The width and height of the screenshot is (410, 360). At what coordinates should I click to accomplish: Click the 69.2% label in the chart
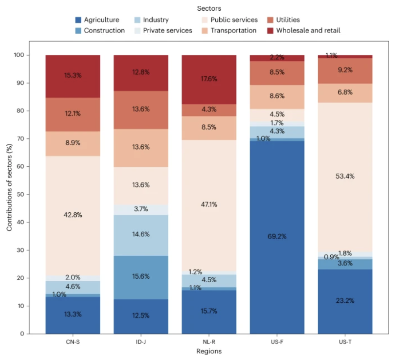click(x=277, y=237)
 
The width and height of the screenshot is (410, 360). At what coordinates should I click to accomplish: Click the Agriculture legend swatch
click(x=77, y=20)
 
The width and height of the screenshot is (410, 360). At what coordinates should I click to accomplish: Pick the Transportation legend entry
click(x=233, y=30)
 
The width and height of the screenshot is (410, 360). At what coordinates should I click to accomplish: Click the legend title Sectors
click(x=209, y=9)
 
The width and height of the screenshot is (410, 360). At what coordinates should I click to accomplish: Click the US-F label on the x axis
click(x=277, y=342)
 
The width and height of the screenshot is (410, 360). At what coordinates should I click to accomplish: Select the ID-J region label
click(x=141, y=342)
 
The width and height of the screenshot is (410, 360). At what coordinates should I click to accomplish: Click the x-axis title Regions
click(x=209, y=351)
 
